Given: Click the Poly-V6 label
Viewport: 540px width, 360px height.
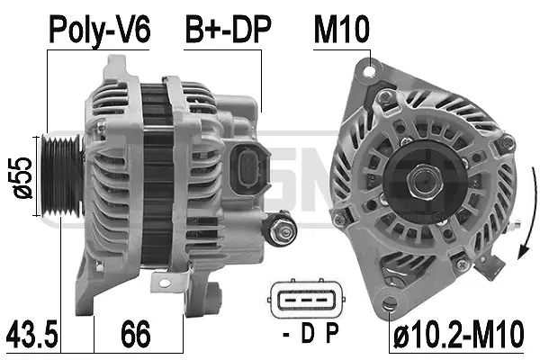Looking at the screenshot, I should pyautogui.click(x=99, y=31).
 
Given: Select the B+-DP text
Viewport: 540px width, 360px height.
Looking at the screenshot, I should pyautogui.click(x=227, y=31).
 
